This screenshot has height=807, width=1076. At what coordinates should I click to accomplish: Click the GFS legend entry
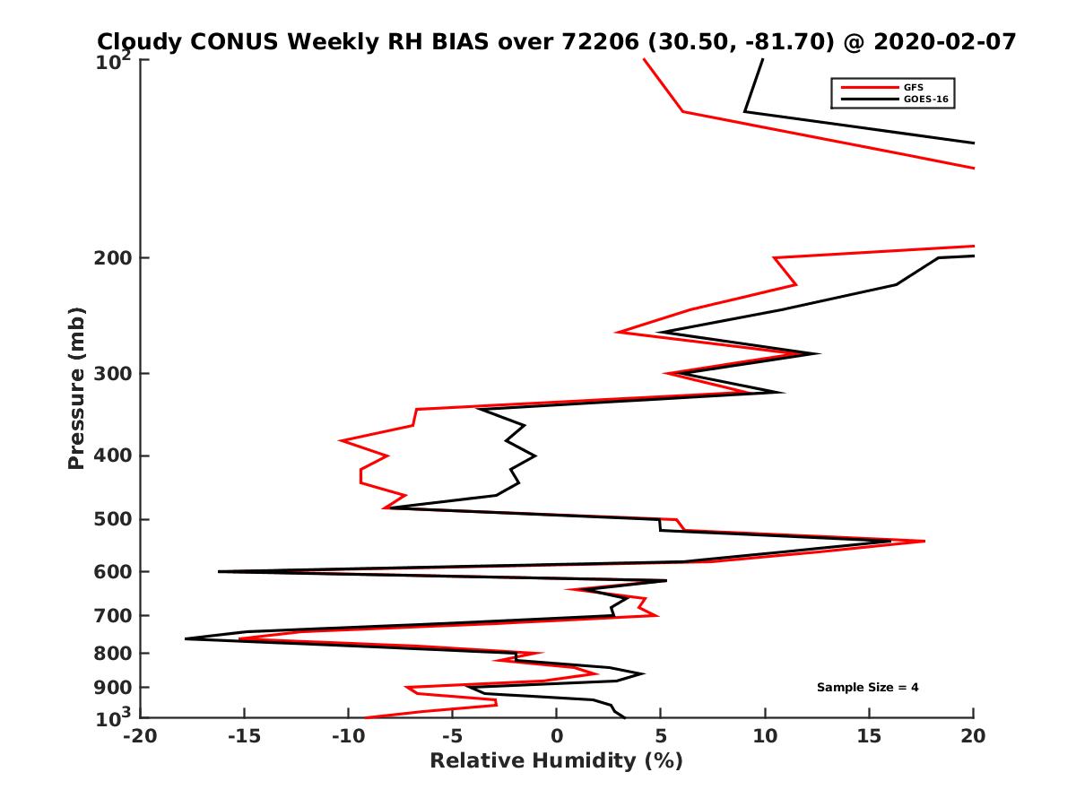(x=907, y=87)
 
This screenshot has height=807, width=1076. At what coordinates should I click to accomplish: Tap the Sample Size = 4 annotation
(x=867, y=688)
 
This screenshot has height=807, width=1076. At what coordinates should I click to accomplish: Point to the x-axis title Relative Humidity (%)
(x=556, y=761)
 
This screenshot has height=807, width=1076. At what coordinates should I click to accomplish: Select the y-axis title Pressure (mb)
(x=76, y=388)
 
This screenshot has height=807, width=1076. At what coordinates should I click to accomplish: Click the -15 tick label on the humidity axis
(x=243, y=737)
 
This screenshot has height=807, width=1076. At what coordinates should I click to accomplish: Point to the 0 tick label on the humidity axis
(x=557, y=737)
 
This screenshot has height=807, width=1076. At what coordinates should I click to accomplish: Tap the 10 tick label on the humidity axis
(x=765, y=737)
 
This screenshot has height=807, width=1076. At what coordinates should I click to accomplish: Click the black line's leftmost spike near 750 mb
(x=186, y=638)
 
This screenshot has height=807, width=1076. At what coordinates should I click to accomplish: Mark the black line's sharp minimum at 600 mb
(x=219, y=571)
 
